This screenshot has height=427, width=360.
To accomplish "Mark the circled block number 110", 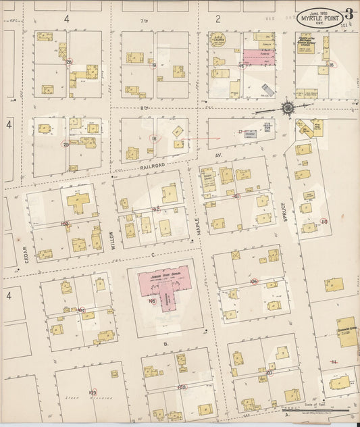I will pyautogui.click(x=324, y=221).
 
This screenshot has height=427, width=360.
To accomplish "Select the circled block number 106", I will pyautogui.click(x=253, y=281).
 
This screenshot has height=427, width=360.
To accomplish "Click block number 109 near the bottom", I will pyautogui.click(x=93, y=393).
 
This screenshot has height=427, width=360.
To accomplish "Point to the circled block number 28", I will pyautogui.click(x=69, y=61).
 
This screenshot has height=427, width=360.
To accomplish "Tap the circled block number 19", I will pyautogui.click(x=154, y=65).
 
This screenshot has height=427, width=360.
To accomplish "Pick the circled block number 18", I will pyautogui.click(x=154, y=138).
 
